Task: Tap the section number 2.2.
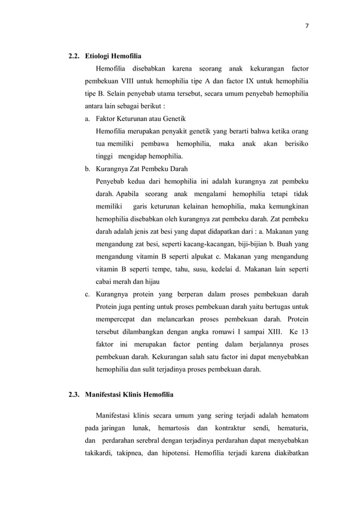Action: point(74,56)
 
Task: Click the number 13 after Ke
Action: point(305,331)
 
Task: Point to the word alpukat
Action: point(186,256)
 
